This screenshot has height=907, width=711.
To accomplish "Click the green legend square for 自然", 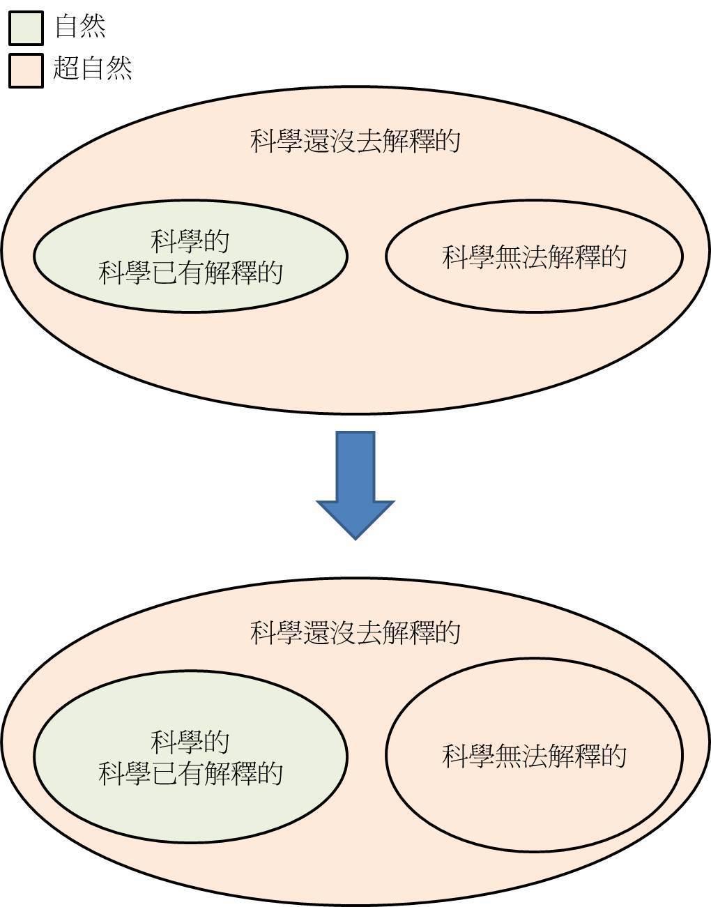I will point(26,28).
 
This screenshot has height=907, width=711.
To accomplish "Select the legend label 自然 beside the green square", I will point(80,27).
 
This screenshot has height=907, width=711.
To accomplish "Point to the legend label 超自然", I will point(93,69).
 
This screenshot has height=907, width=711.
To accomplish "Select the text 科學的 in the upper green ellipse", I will point(190,242).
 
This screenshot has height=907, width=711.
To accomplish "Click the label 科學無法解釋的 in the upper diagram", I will point(534,257).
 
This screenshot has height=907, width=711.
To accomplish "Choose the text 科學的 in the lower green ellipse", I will point(190,741).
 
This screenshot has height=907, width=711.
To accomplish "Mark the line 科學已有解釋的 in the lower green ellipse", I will point(190,773).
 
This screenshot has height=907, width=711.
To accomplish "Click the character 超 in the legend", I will point(66,69).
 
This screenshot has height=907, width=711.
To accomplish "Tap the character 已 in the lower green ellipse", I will point(165,773).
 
